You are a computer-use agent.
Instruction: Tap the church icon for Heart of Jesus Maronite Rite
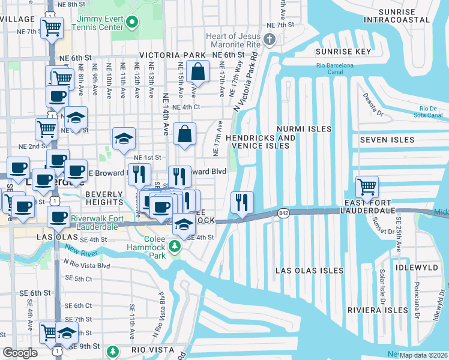point(270,40)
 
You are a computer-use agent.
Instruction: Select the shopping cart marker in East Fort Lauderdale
point(367,187)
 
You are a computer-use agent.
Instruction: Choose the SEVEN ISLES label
point(387,140)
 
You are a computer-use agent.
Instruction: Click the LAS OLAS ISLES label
point(309,271)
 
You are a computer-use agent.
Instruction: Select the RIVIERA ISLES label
point(378,310)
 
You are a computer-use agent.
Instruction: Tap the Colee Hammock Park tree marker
point(174,246)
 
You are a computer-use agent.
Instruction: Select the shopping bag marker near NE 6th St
point(197,72)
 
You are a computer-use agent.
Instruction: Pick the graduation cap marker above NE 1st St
point(124,139)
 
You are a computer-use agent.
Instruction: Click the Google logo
point(20,353)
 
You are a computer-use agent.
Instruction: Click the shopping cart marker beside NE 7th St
point(52,27)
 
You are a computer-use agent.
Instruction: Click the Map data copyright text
point(423,355)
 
